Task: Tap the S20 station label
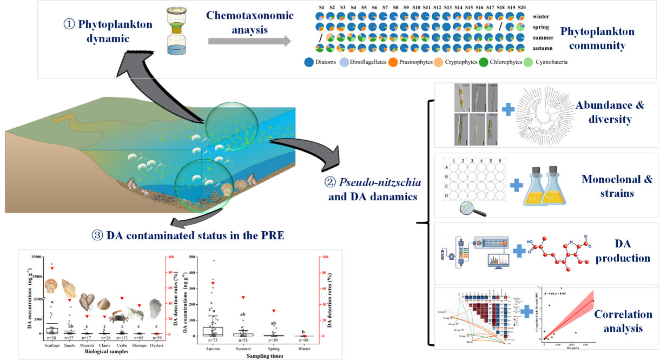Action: click(x=521, y=7)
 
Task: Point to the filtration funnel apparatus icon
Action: click(x=174, y=34)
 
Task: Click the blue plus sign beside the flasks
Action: click(x=517, y=185)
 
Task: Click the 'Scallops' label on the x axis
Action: click(x=51, y=344)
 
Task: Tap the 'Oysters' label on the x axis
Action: click(x=156, y=344)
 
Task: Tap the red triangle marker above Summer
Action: click(x=243, y=297)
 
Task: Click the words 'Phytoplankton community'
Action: click(x=597, y=38)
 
